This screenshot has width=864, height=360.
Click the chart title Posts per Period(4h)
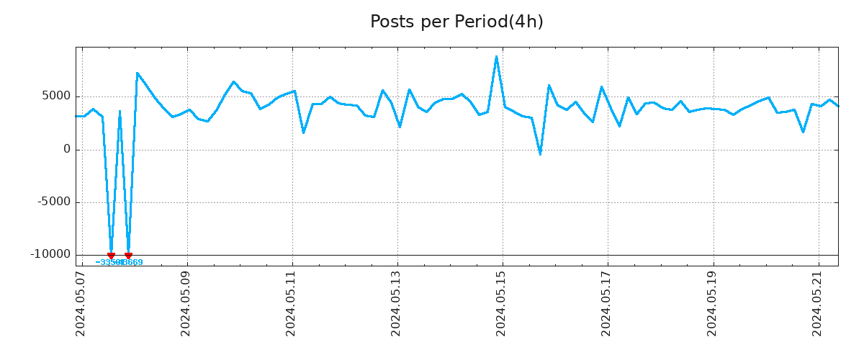[456, 22]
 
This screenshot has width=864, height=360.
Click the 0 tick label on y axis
[67, 150]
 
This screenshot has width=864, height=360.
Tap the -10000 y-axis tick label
[50, 255]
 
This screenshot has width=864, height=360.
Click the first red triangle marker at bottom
[111, 256]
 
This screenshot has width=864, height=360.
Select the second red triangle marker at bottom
[128, 256]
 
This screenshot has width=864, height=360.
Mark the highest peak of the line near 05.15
[496, 56]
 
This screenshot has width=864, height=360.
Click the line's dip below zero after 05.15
[540, 154]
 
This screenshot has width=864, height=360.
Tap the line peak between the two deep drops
[120, 111]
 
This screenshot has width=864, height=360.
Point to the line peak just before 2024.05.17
[601, 86]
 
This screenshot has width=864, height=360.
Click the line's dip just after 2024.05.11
[303, 132]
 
